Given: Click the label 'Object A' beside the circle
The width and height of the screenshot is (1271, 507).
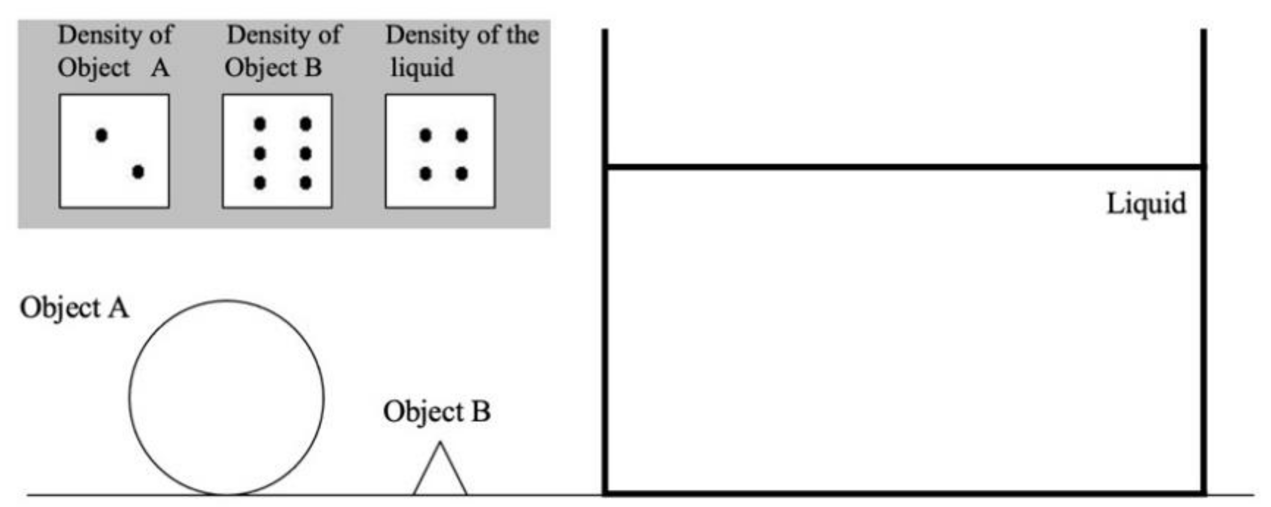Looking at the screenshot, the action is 74,308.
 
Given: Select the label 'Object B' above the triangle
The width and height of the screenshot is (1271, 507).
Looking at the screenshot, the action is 437,412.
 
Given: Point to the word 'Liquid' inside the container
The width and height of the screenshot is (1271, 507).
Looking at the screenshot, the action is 1146,204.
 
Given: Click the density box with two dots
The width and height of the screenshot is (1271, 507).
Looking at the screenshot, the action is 114,151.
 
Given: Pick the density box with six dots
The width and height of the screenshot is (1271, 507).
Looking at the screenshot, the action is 277,151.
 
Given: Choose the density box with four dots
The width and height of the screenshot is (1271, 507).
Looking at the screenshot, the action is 440,151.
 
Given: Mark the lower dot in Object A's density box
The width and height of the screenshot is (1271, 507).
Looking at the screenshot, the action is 138,172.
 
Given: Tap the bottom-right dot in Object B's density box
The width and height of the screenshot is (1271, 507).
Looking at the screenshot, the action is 305,183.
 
